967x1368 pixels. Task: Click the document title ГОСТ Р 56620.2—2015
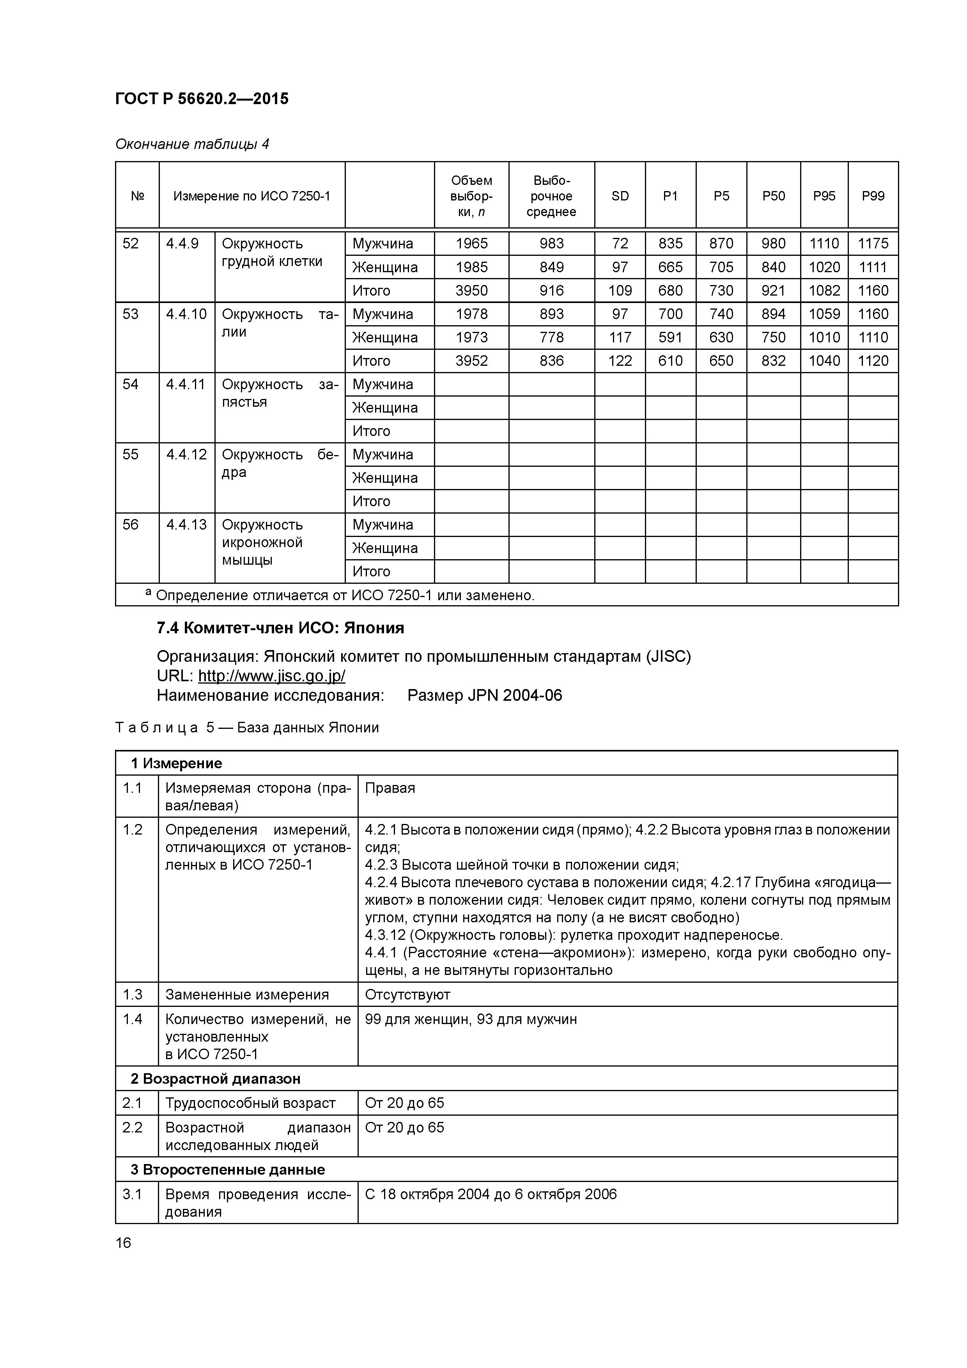201,99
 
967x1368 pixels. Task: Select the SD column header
620,196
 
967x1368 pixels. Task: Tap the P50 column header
773,196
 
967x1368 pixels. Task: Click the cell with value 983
551,244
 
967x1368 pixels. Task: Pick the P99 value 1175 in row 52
873,244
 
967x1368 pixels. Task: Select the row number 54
131,384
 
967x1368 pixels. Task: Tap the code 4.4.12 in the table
186,455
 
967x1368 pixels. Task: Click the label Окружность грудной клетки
272,253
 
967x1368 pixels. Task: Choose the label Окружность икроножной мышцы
262,542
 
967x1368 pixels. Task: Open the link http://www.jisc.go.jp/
272,676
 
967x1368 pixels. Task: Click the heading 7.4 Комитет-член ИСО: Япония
280,628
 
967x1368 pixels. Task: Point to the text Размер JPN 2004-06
484,695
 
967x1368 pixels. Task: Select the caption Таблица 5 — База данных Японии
247,728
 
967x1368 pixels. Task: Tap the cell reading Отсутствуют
407,994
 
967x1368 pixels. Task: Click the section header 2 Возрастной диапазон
215,1079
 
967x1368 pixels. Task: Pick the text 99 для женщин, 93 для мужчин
471,1019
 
